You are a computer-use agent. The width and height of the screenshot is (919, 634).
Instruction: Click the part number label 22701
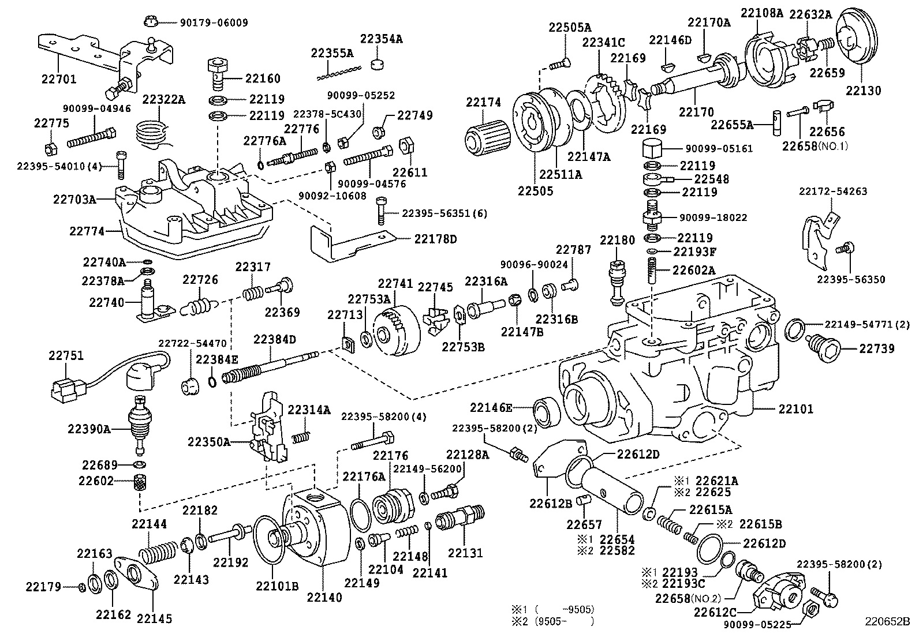(58, 79)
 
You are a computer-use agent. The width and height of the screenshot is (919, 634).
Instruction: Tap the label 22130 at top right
(864, 91)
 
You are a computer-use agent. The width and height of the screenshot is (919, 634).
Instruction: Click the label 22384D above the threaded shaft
(274, 339)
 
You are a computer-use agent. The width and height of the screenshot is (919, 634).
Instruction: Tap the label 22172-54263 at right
(832, 192)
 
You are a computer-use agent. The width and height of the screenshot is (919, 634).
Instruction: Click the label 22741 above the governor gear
(395, 284)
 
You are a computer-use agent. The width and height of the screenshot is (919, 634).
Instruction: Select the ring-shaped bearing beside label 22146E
(544, 411)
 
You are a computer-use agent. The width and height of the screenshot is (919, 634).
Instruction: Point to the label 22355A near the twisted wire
(332, 53)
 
